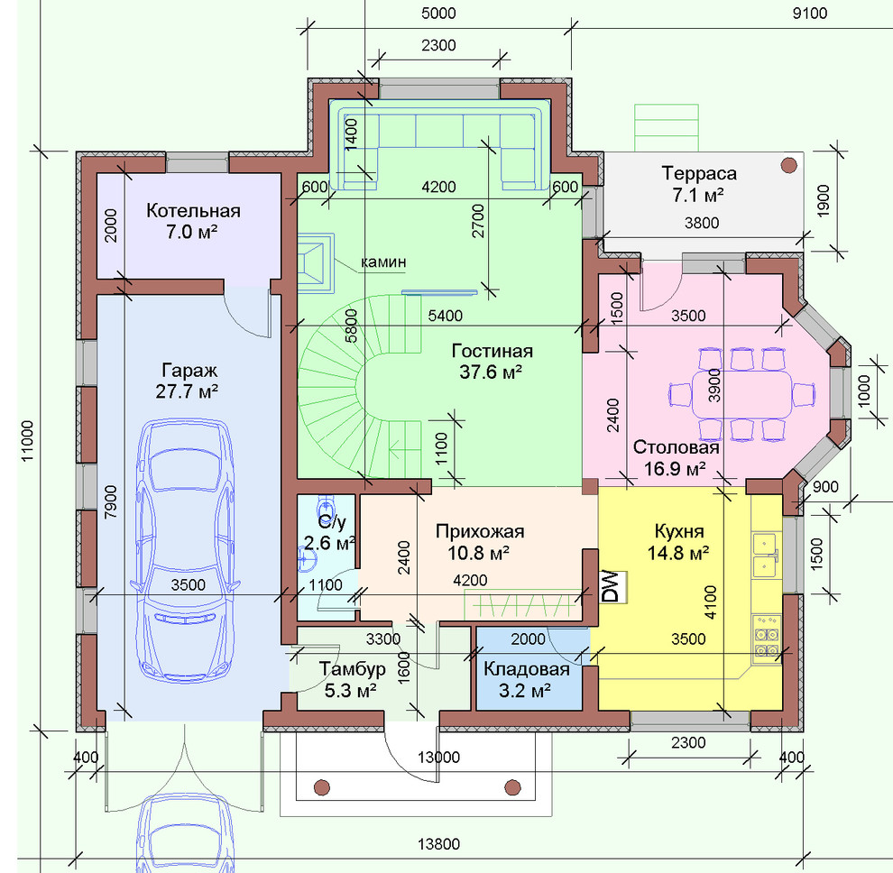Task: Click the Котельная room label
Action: [193, 211]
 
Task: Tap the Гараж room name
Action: [189, 370]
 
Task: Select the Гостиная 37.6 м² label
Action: [493, 361]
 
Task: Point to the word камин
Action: [383, 262]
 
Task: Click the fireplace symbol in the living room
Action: [316, 263]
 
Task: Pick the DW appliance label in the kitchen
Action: [611, 586]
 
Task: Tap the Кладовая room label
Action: [527, 669]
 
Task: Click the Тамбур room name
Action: [352, 668]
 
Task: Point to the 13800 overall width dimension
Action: [438, 843]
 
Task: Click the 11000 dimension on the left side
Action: [26, 441]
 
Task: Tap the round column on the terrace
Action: [788, 165]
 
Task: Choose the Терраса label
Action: [699, 172]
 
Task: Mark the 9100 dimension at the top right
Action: [809, 13]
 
